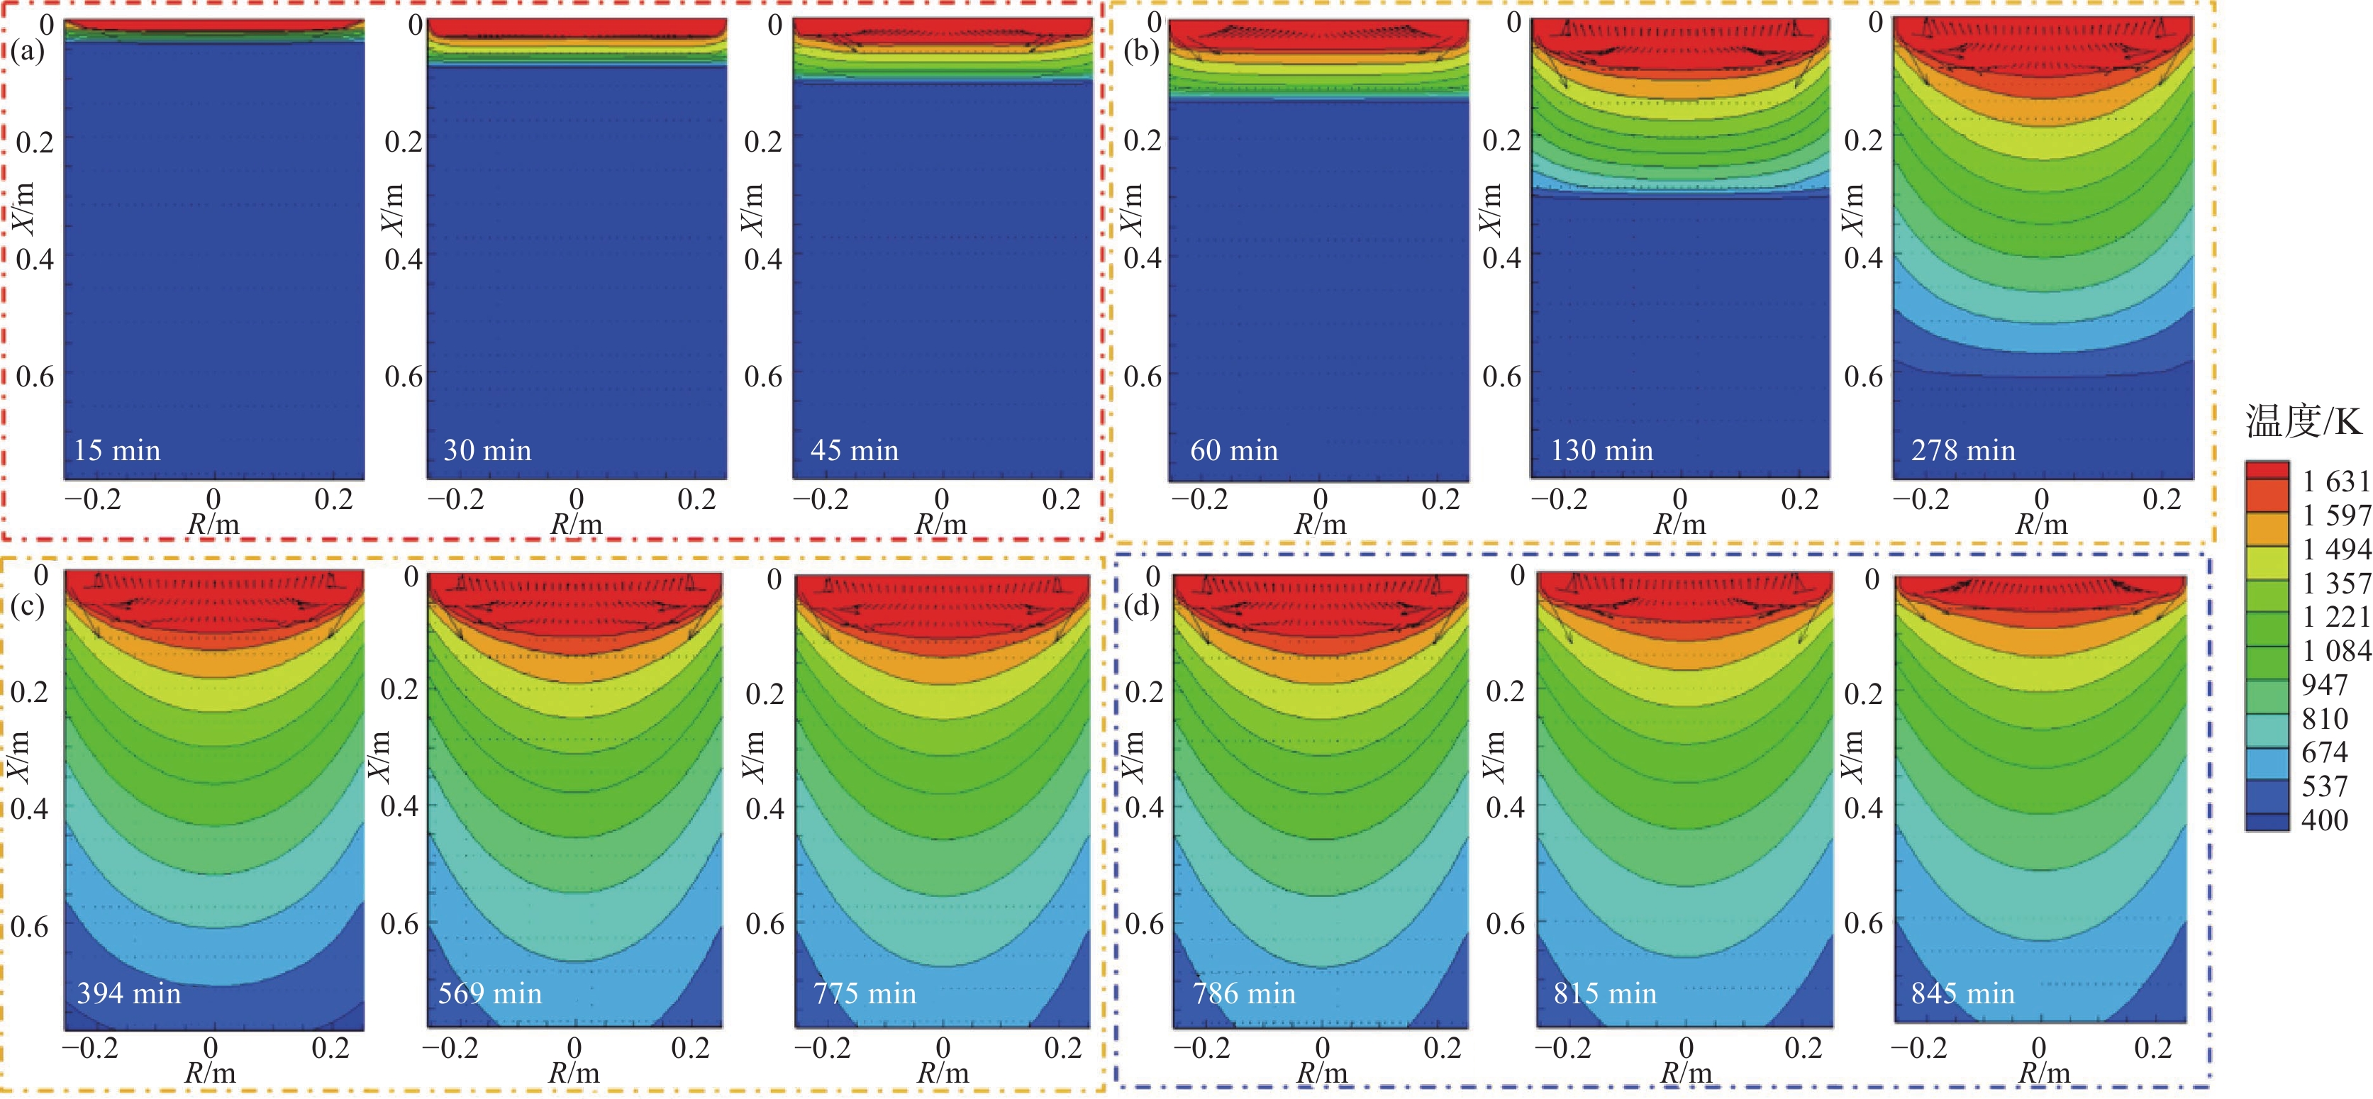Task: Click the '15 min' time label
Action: point(117,450)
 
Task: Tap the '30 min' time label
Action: point(487,450)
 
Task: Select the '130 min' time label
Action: point(1602,450)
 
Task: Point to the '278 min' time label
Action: point(1963,450)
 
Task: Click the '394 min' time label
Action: point(129,993)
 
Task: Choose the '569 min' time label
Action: point(490,993)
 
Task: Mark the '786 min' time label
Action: point(1244,993)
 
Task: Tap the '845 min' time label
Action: point(1962,993)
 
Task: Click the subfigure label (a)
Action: point(28,50)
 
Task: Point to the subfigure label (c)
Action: point(28,606)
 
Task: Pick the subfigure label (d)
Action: point(1143,606)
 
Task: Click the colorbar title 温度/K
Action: point(2302,422)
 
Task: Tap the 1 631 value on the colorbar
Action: point(2335,481)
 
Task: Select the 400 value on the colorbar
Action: point(2324,820)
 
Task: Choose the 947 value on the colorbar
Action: point(2324,684)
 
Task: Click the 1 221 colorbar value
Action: point(2335,616)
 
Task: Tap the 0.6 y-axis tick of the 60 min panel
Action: point(1143,376)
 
